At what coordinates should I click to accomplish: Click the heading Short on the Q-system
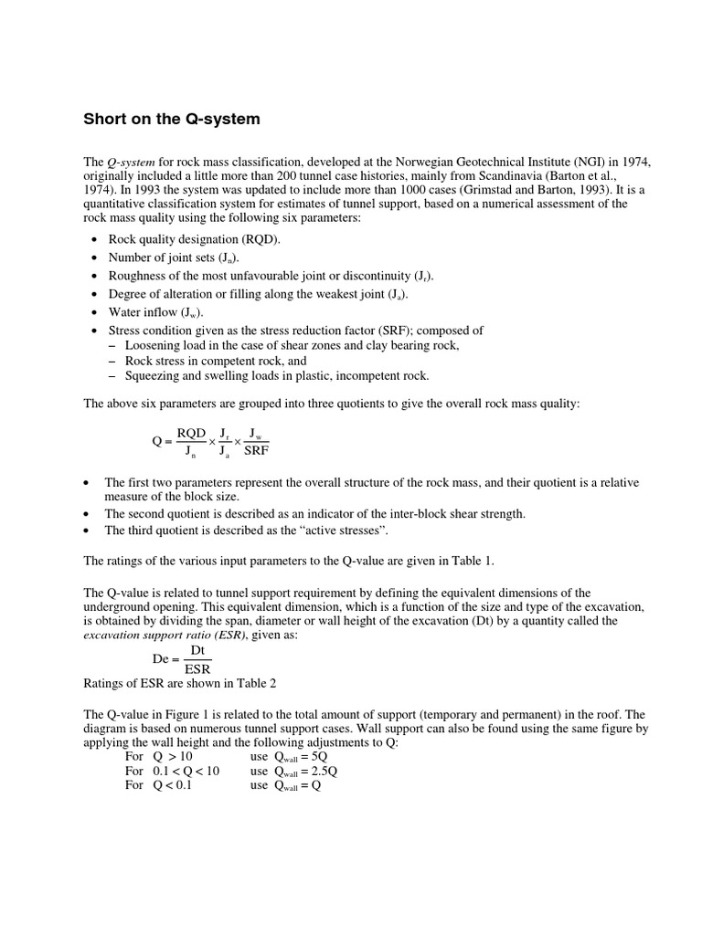(172, 119)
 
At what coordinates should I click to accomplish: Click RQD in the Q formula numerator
(192, 433)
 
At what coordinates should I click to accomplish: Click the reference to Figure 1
(195, 714)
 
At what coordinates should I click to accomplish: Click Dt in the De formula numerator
(197, 650)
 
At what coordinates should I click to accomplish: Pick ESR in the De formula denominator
(197, 667)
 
